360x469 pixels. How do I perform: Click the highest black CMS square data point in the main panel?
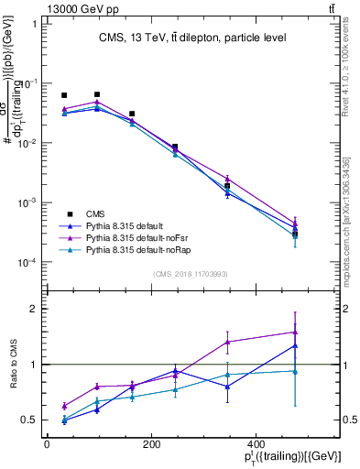[97, 94]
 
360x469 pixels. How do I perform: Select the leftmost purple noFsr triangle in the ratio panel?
[64, 406]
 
